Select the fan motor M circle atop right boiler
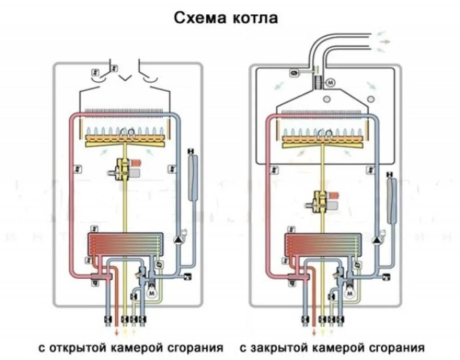(x=330, y=83)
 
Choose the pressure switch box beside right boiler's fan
(x=294, y=71)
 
